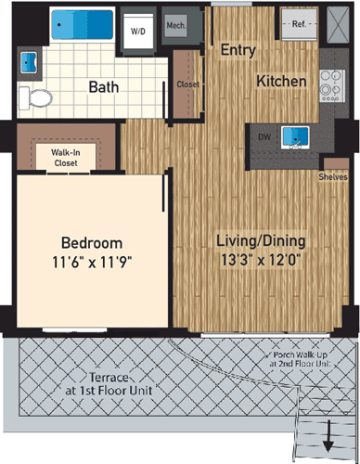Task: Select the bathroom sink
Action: (26, 62)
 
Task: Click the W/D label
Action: (138, 31)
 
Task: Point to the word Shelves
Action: (332, 174)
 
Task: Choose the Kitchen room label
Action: (282, 82)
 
